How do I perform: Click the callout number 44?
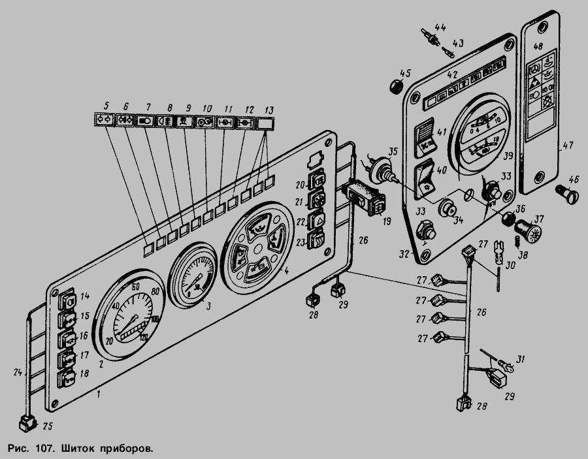click(x=440, y=27)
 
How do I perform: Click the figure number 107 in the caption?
click(x=39, y=449)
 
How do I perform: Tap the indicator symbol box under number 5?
click(x=103, y=119)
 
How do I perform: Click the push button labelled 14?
click(x=68, y=301)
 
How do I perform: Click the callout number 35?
click(x=392, y=152)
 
